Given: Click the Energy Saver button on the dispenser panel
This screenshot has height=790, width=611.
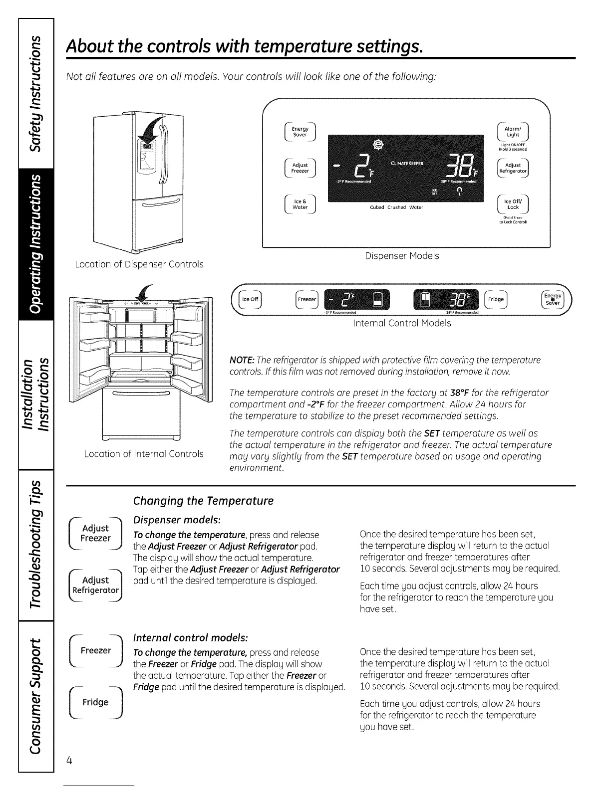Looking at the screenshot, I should pos(300,132).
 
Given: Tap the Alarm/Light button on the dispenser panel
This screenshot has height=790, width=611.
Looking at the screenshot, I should pos(513,132).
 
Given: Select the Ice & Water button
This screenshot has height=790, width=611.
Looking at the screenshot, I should pos(300,204).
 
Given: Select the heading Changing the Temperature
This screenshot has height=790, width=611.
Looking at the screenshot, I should pos(203,501).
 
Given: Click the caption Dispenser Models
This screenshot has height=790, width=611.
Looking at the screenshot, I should pos(402,256).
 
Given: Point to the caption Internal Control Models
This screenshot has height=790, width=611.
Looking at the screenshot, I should pos(402,323).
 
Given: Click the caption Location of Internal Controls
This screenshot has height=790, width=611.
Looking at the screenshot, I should pos(144,454).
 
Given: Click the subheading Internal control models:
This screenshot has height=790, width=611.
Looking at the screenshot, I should pos(190,638).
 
